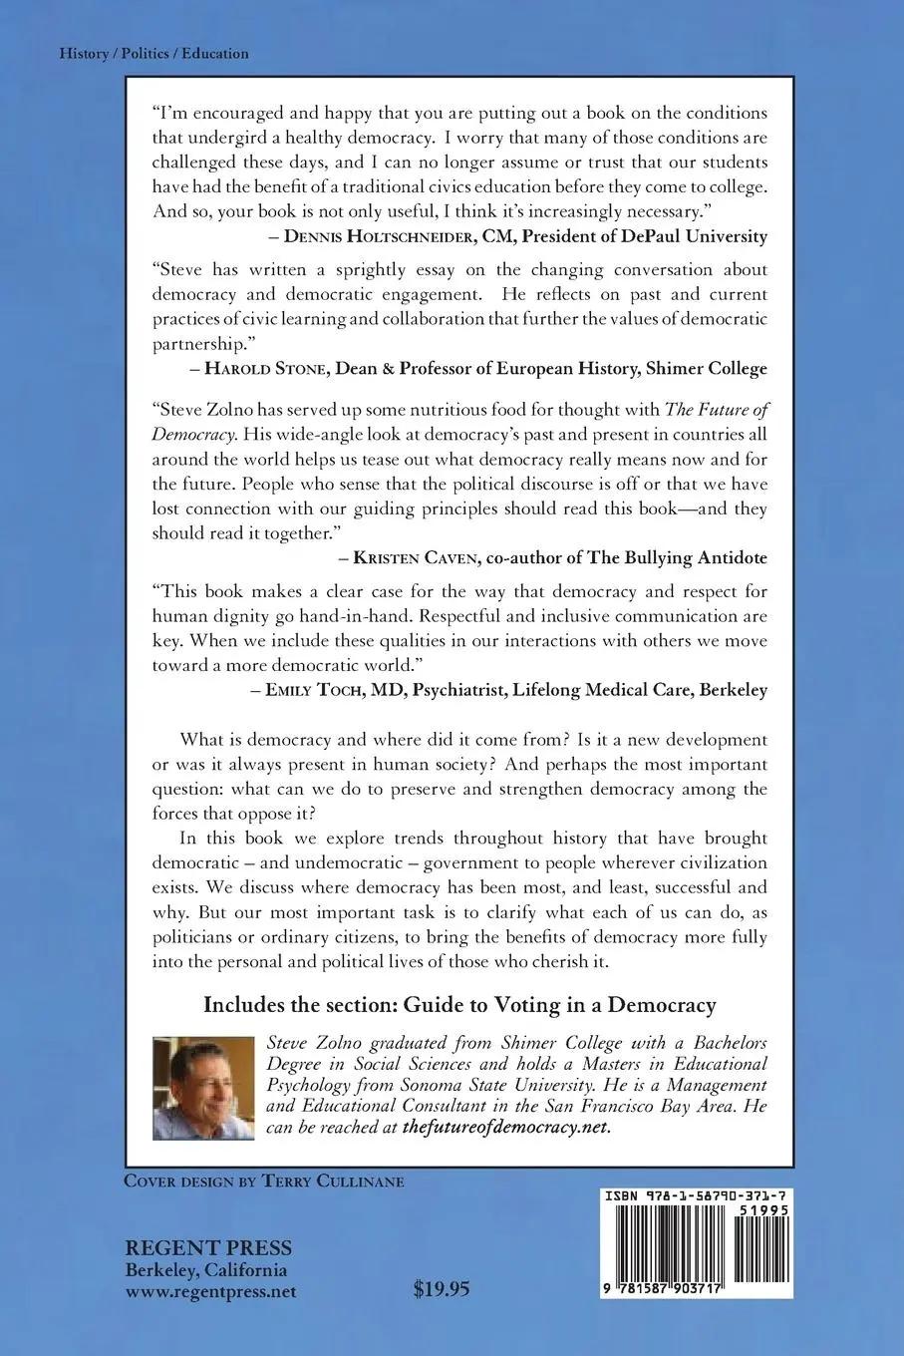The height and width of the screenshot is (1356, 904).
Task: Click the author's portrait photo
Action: [x=203, y=1086]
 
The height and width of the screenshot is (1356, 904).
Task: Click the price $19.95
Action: [x=441, y=1289]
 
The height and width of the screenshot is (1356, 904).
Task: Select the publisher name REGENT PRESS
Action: [x=207, y=1248]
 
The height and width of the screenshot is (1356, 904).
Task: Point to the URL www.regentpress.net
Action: [x=209, y=1291]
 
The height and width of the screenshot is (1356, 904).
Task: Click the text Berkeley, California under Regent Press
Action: [x=205, y=1270]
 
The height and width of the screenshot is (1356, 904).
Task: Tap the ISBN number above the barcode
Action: [x=698, y=1195]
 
